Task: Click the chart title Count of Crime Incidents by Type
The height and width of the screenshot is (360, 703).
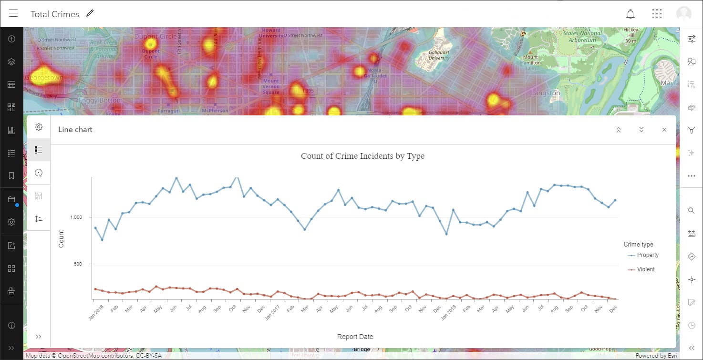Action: click(362, 156)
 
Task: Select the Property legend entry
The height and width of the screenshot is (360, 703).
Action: click(647, 255)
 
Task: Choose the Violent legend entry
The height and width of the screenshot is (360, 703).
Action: click(645, 269)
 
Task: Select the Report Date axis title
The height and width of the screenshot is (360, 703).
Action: click(355, 337)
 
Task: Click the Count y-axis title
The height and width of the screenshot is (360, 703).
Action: click(61, 238)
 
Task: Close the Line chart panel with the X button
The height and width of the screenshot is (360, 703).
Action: click(664, 130)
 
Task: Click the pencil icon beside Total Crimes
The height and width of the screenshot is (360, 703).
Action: click(90, 13)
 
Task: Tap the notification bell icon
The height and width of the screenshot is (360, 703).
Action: click(631, 14)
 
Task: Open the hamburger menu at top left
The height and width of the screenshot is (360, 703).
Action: click(13, 13)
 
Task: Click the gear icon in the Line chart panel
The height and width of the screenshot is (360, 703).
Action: click(39, 127)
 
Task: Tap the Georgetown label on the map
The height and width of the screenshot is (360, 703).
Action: click(43, 77)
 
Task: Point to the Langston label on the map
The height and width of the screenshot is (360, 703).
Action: click(546, 93)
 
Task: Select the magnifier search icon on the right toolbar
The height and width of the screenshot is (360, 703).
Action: click(691, 210)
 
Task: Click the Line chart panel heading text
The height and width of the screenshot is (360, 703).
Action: click(75, 130)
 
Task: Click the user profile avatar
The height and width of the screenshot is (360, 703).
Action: click(683, 14)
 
